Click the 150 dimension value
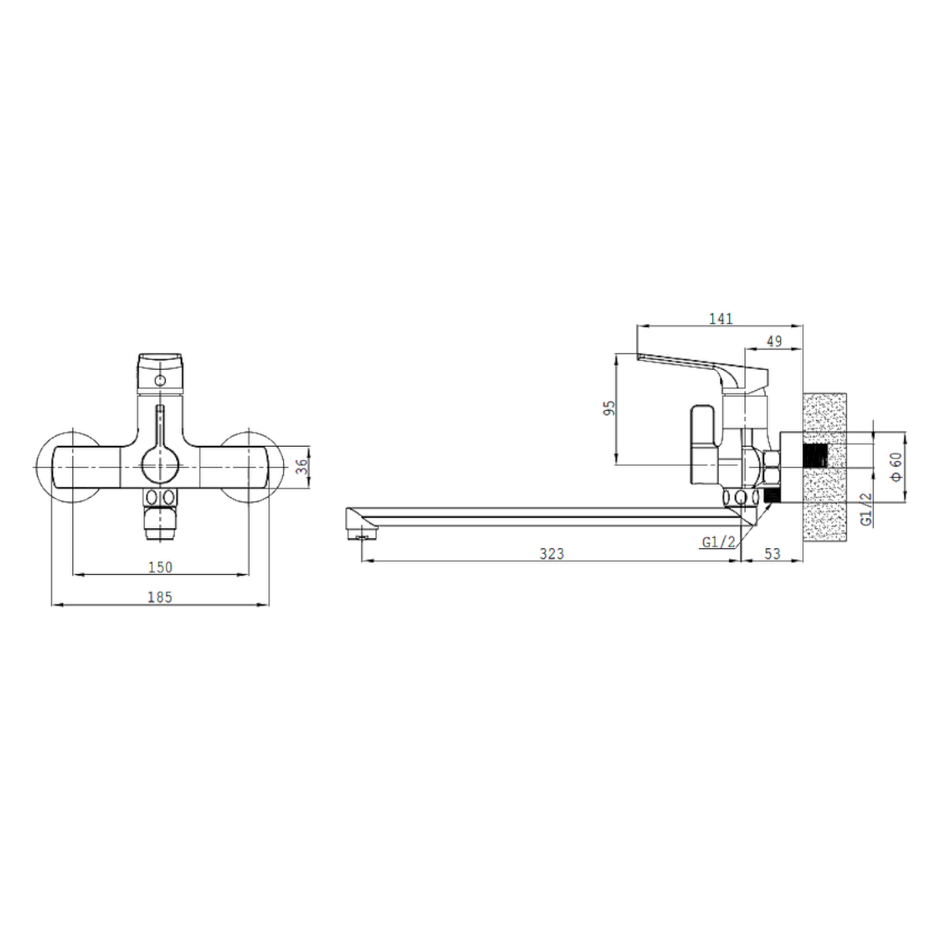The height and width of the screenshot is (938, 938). click(160, 567)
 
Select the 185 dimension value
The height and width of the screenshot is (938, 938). click(159, 597)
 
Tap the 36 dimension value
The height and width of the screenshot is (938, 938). click(302, 466)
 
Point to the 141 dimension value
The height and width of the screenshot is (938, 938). click(720, 318)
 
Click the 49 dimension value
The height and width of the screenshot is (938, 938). click(774, 341)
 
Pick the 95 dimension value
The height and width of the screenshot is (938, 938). click(609, 408)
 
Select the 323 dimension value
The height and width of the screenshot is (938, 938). click(552, 553)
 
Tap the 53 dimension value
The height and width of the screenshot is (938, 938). click(772, 553)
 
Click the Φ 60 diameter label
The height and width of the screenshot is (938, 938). click(896, 466)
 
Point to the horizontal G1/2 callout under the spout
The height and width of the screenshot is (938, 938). click(719, 542)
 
